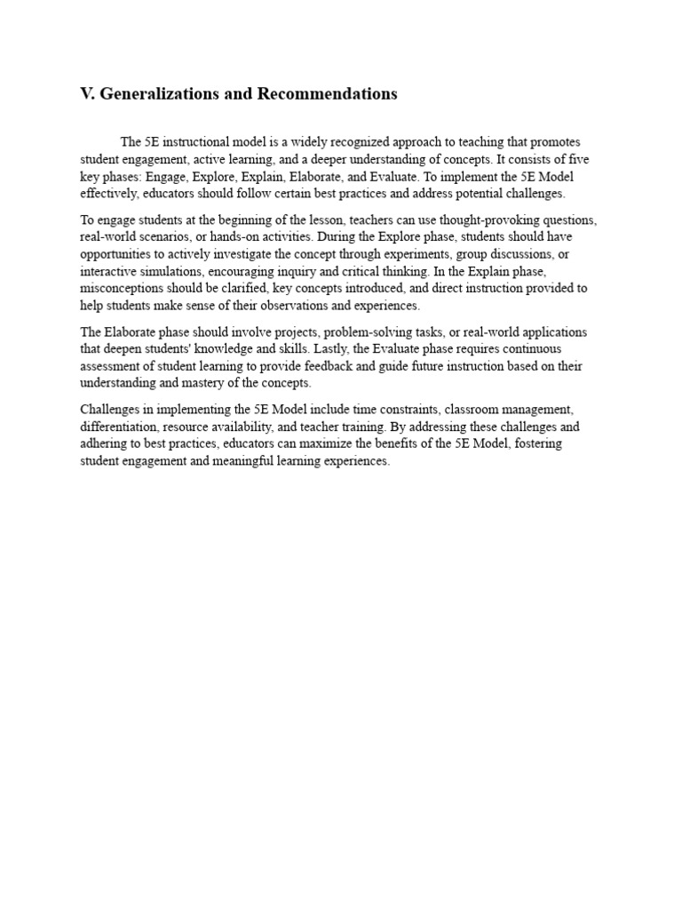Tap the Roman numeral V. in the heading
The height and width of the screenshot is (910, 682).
click(88, 94)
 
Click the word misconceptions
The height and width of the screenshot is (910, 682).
click(121, 289)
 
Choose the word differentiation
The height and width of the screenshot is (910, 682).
click(118, 427)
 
